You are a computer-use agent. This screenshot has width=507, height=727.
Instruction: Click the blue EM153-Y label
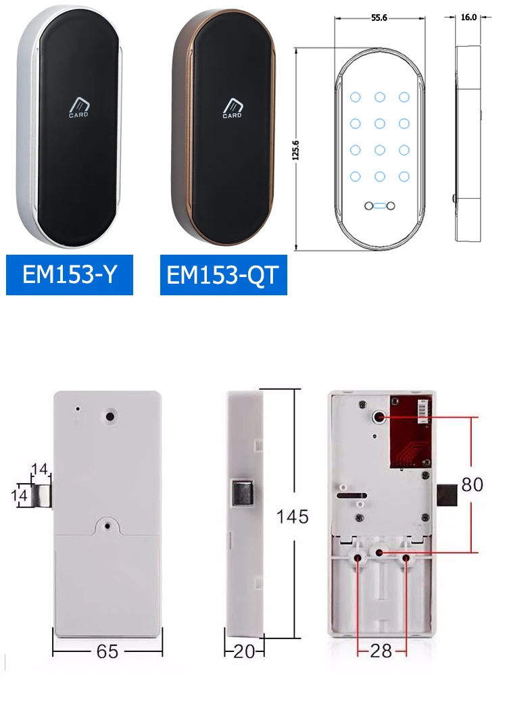[x=70, y=274]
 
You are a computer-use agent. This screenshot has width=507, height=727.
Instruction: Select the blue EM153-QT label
[x=224, y=274]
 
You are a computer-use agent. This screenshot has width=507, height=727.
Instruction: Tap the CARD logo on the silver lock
[x=78, y=107]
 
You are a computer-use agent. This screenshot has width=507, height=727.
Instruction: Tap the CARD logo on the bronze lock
[x=233, y=108]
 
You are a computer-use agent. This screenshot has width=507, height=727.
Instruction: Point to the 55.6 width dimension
[x=379, y=18]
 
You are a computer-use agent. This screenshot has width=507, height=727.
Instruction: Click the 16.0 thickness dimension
[x=468, y=17]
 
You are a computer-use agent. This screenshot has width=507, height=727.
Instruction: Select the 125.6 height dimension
[x=296, y=150]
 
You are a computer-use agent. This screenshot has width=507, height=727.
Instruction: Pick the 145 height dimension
[x=292, y=516]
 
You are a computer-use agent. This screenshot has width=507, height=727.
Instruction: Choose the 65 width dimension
[x=107, y=651]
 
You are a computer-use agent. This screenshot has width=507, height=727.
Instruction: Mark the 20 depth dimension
[x=244, y=651]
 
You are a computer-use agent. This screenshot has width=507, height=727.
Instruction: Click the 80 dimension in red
[x=473, y=484]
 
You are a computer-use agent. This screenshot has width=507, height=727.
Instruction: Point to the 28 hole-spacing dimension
[x=381, y=651]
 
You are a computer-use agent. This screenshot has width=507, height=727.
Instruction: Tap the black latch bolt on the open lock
[x=447, y=495]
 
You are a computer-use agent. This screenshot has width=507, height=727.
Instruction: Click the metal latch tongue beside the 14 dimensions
[x=41, y=495]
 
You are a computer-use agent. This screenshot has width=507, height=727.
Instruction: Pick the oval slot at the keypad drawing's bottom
[x=379, y=206]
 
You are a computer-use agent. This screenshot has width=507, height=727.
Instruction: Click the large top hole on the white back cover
[x=110, y=416]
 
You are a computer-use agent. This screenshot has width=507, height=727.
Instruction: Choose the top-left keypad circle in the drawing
[x=356, y=97]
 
